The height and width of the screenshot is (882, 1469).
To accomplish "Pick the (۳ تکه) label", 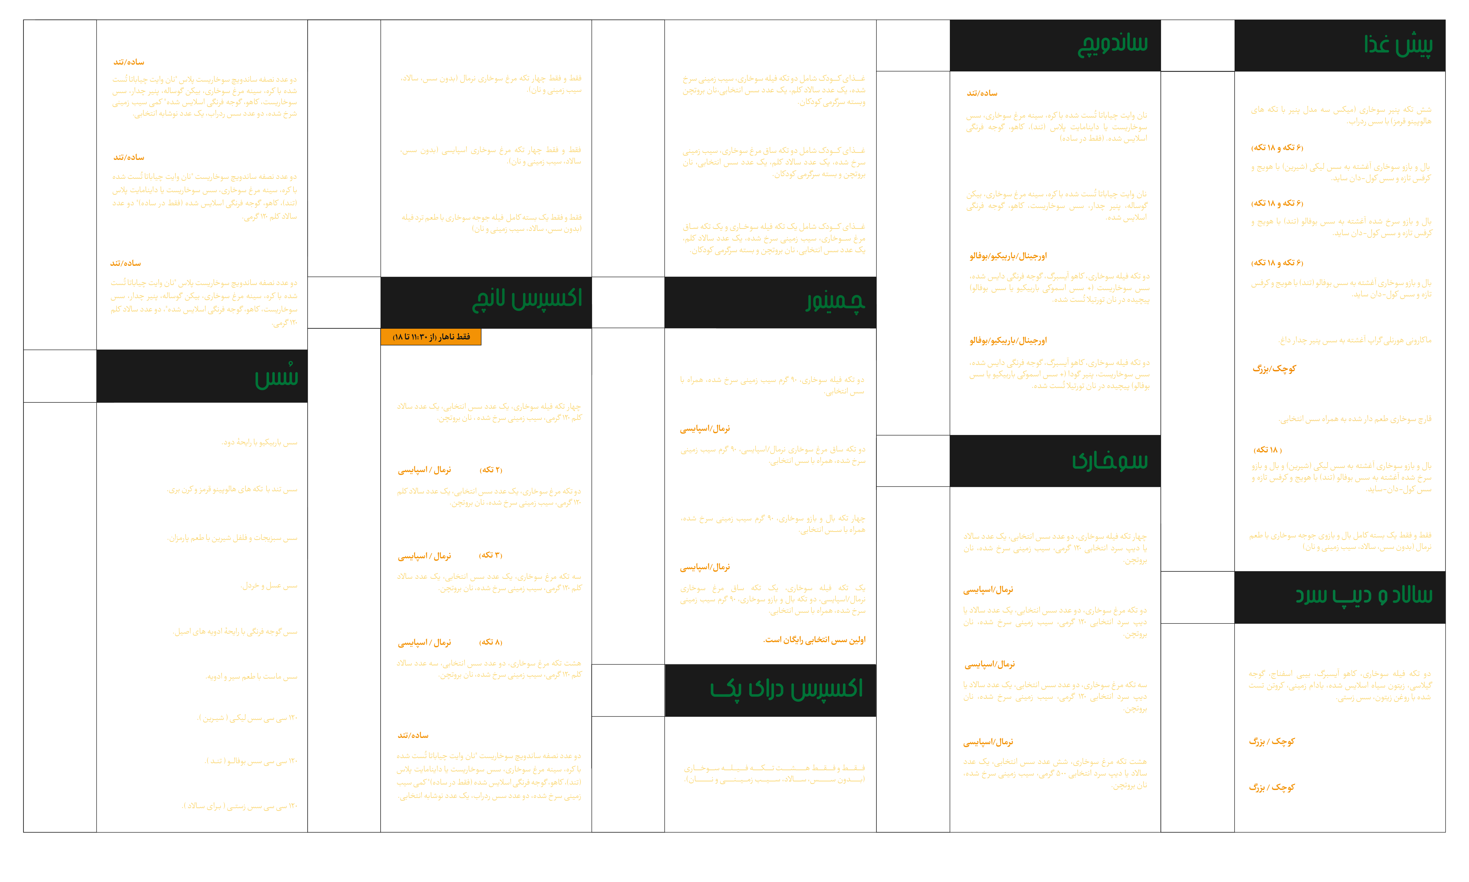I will click(491, 555).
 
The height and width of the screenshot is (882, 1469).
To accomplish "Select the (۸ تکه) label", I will click(491, 642).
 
